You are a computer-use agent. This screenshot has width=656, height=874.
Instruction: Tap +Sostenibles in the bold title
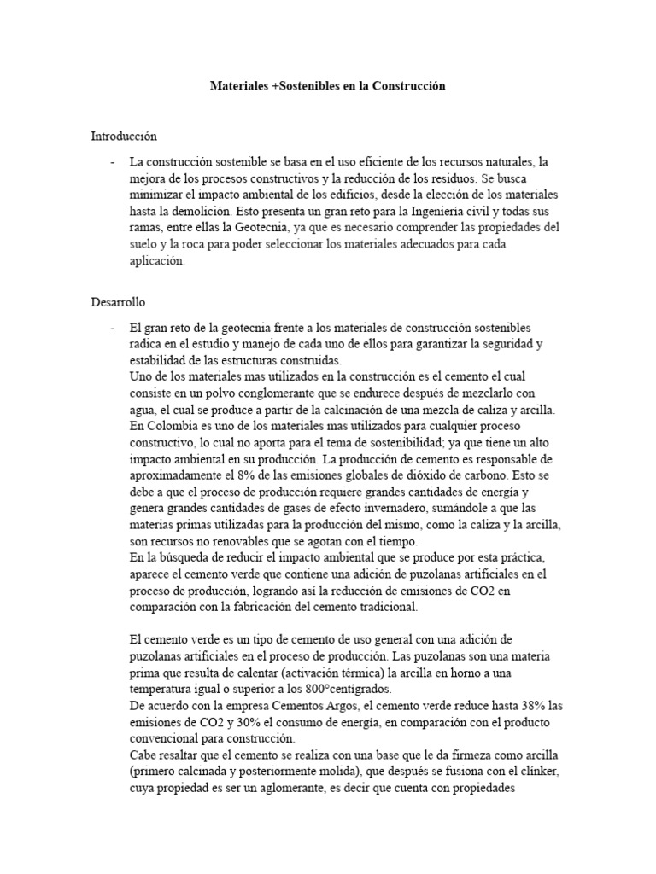pos(306,87)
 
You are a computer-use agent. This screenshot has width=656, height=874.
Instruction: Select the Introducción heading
pos(125,136)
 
